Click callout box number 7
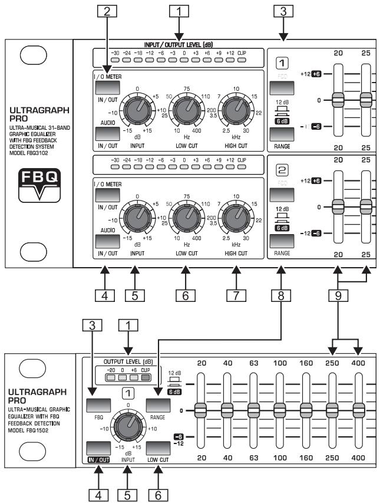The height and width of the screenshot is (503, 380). point(236,293)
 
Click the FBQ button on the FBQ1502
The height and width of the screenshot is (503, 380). point(97,406)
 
